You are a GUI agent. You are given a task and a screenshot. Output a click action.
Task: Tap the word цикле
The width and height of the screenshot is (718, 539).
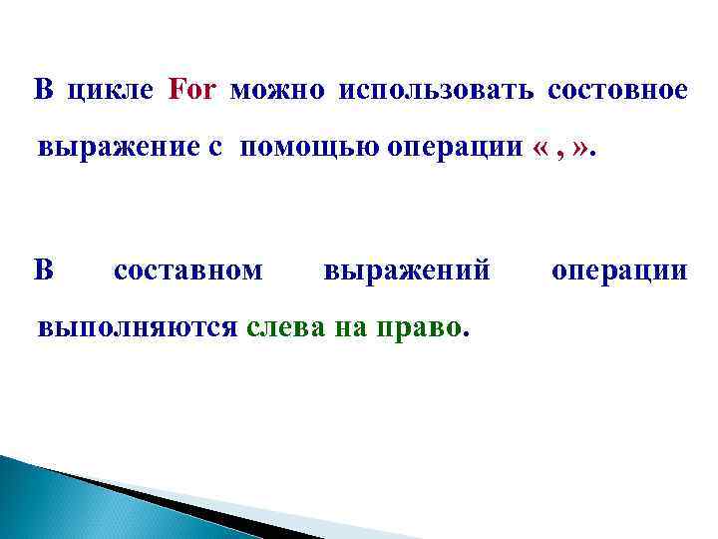click(x=111, y=91)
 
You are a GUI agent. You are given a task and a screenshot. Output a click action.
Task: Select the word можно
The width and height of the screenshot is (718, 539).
click(x=277, y=91)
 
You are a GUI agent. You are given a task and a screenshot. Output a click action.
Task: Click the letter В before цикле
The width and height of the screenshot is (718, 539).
click(x=43, y=91)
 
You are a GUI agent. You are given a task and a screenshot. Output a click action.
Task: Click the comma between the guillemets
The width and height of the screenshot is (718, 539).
click(x=564, y=152)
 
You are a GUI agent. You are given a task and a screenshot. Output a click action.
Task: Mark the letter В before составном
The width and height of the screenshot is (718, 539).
click(x=43, y=269)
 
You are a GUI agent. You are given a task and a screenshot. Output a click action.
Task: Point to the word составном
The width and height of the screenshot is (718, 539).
click(x=188, y=269)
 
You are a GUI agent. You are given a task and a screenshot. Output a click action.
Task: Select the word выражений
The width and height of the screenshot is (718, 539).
click(x=408, y=269)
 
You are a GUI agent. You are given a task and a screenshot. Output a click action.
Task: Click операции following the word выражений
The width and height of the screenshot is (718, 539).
click(x=618, y=269)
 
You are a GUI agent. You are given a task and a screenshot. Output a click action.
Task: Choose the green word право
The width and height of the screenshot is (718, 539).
click(x=421, y=327)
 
